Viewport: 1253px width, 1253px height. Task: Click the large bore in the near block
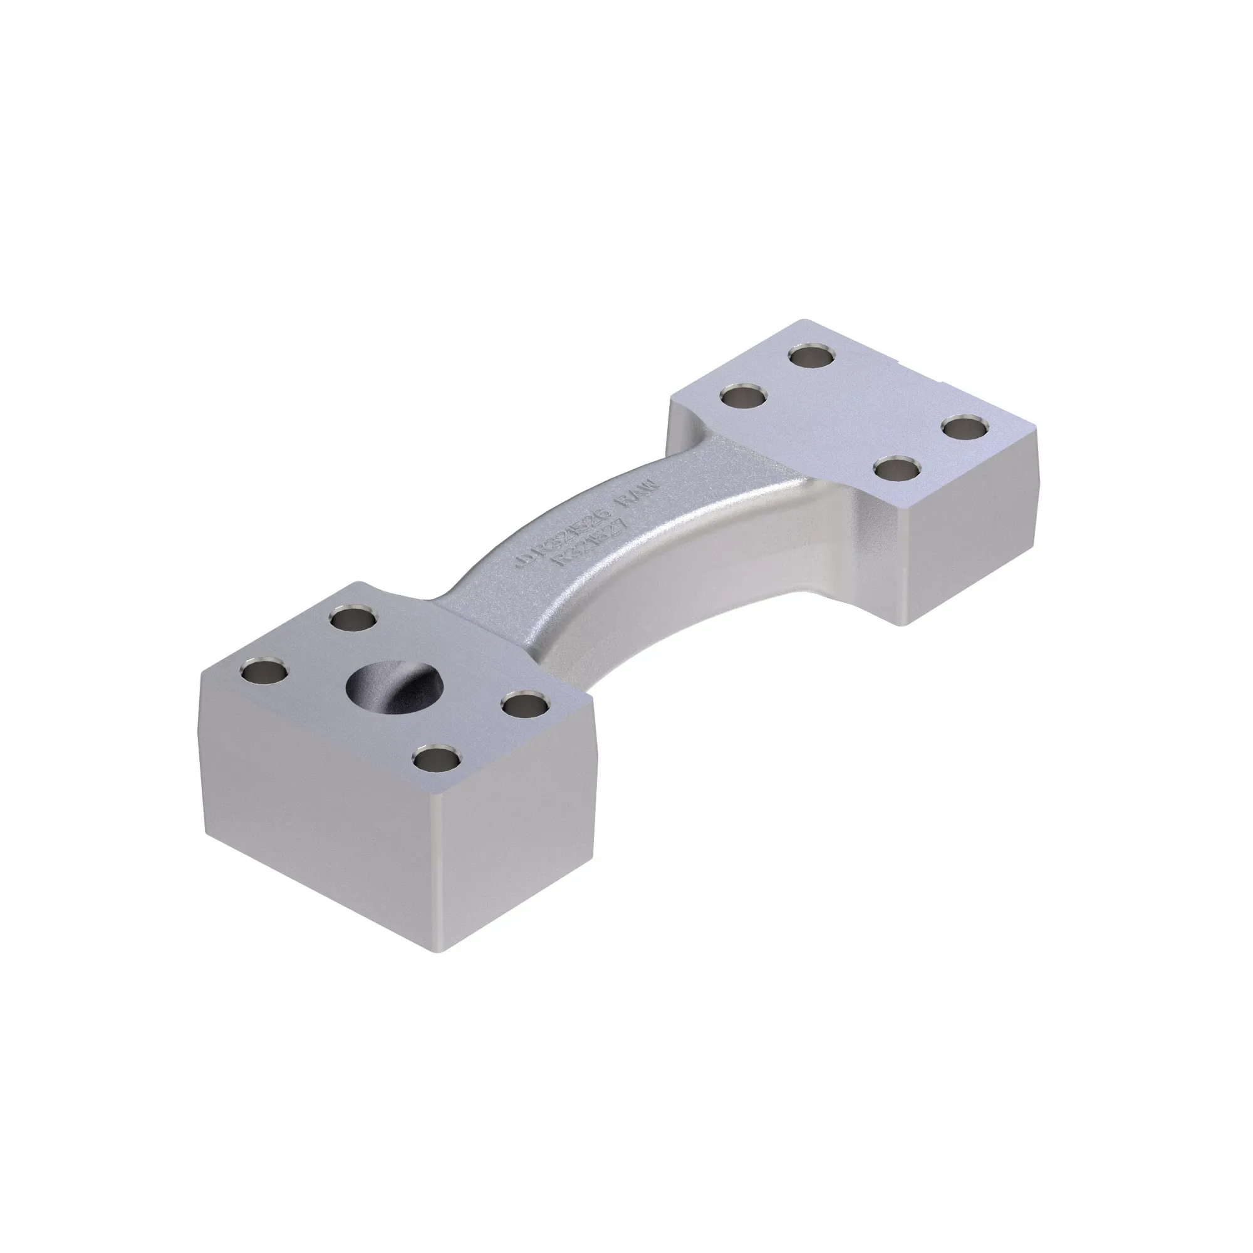pyautogui.click(x=395, y=687)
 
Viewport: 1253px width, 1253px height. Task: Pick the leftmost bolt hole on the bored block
pyautogui.click(x=263, y=671)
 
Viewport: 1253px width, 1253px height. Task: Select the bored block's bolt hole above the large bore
pyautogui.click(x=352, y=619)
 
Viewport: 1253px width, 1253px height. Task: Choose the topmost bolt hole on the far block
pyautogui.click(x=812, y=355)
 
